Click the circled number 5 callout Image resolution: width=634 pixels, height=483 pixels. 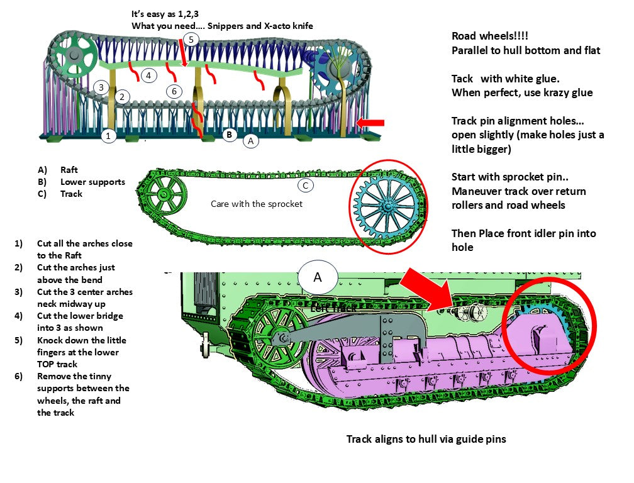coord(192,39)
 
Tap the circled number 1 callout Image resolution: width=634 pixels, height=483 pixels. coord(108,135)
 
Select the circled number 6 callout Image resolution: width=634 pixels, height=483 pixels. coord(174,91)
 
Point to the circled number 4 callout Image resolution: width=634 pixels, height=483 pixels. coord(148,75)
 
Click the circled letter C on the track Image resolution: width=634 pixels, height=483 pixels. coord(305,186)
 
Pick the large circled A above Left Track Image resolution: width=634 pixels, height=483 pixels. coord(318,277)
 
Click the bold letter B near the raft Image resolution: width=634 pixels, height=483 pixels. coord(230,134)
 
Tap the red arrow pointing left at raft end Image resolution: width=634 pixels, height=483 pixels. coord(370,122)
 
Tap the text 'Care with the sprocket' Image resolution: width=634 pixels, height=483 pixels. coord(256,204)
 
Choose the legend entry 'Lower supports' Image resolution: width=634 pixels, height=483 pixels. coord(92,182)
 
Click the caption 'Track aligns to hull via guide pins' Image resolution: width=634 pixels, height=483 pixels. coord(426,439)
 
